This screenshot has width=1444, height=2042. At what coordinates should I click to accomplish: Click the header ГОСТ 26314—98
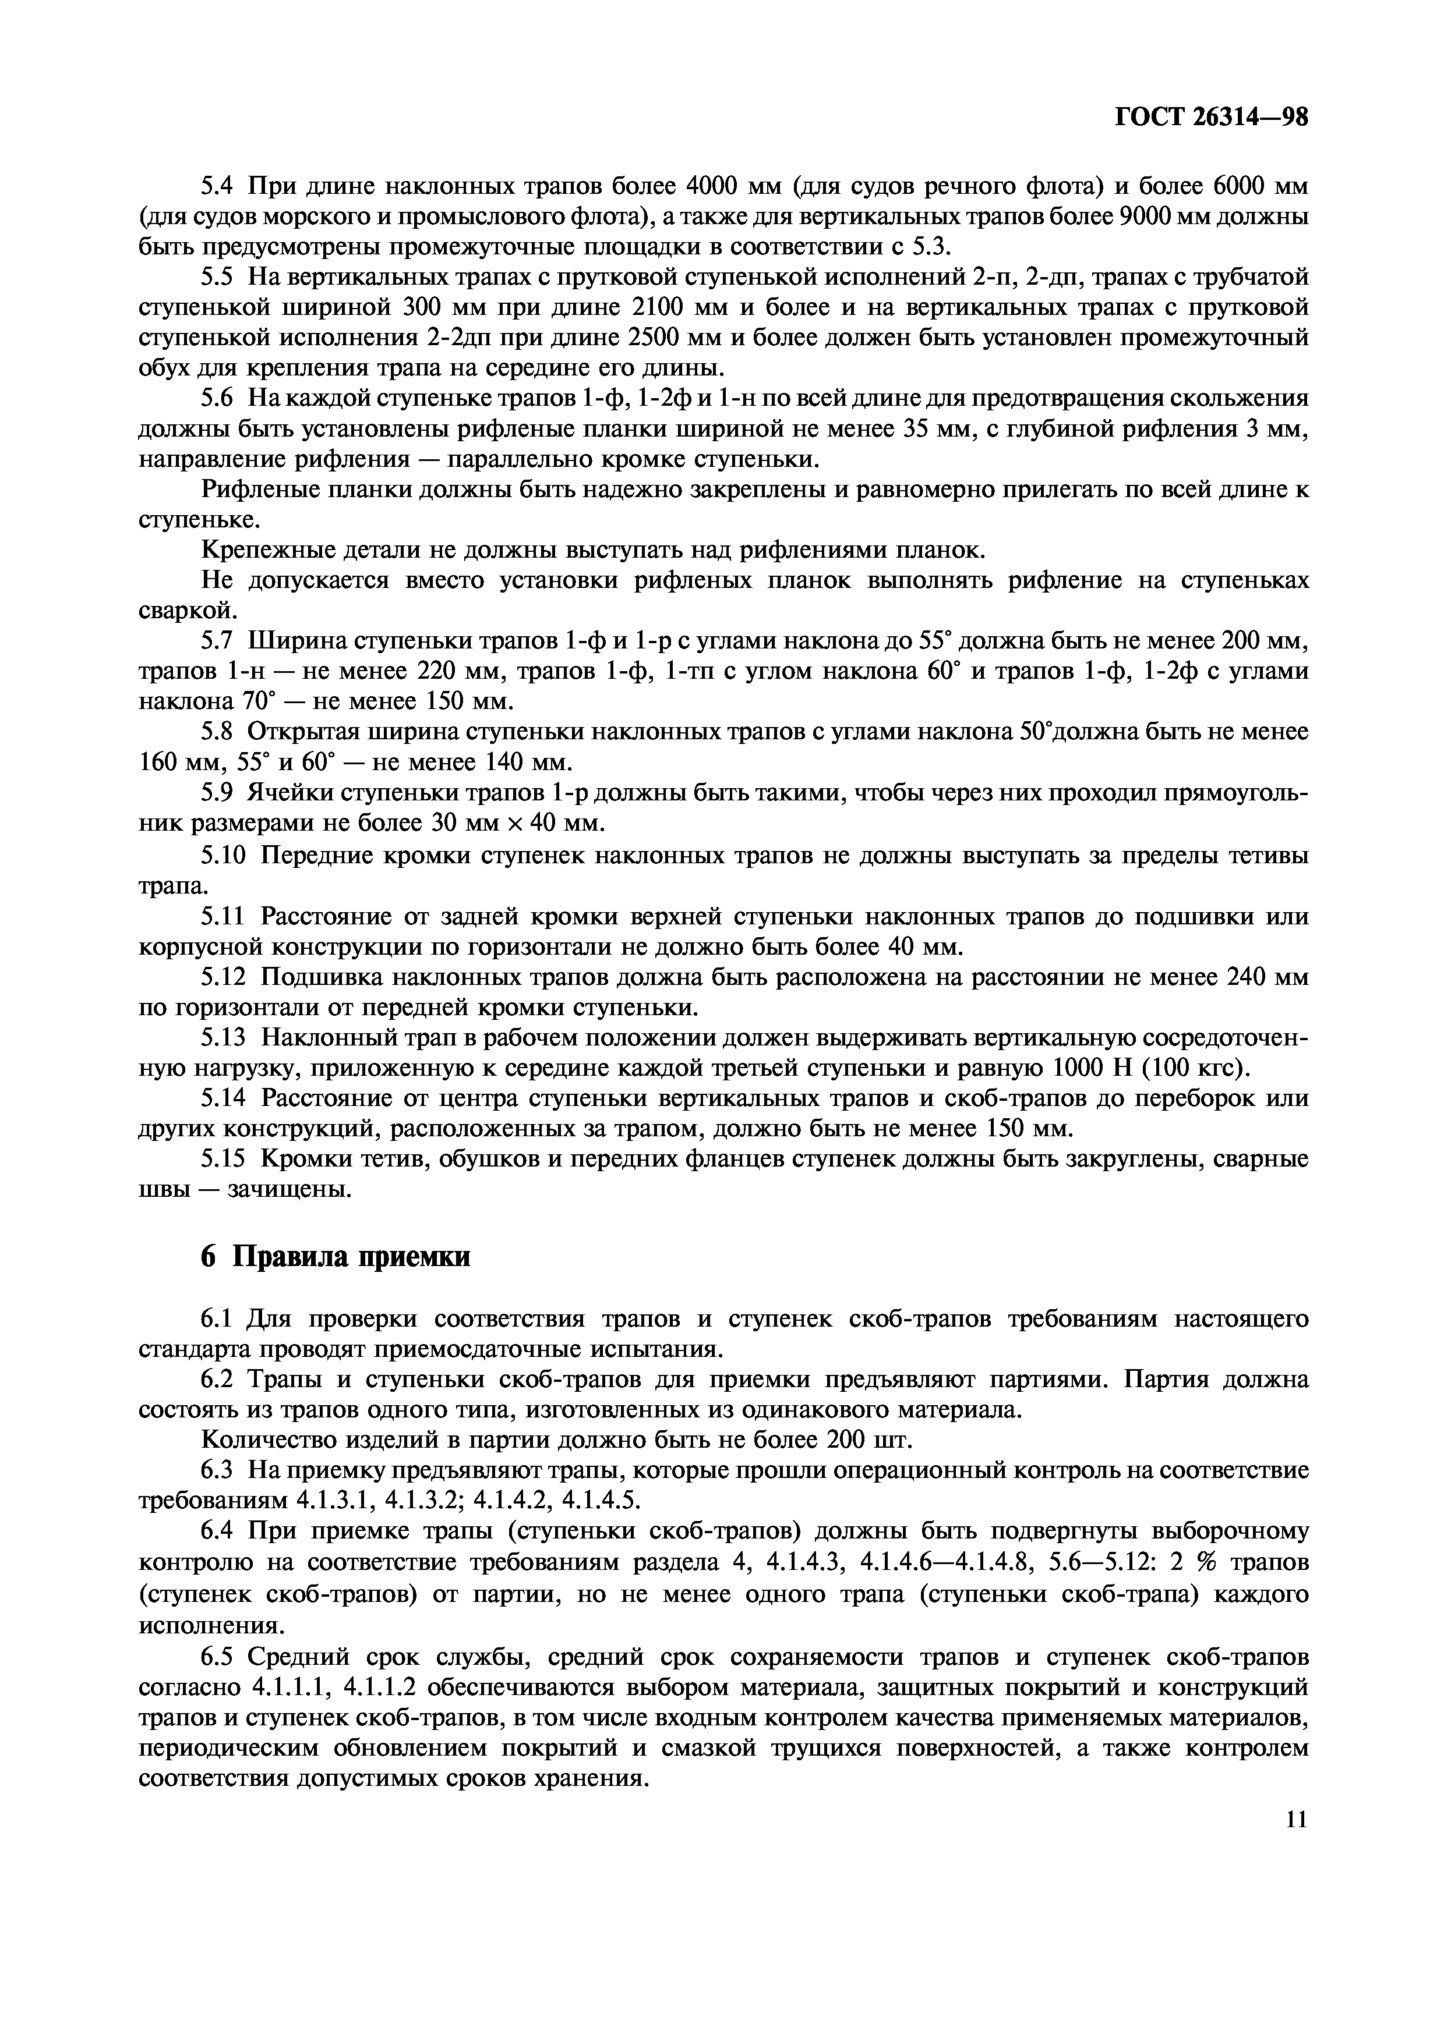click(1211, 118)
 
